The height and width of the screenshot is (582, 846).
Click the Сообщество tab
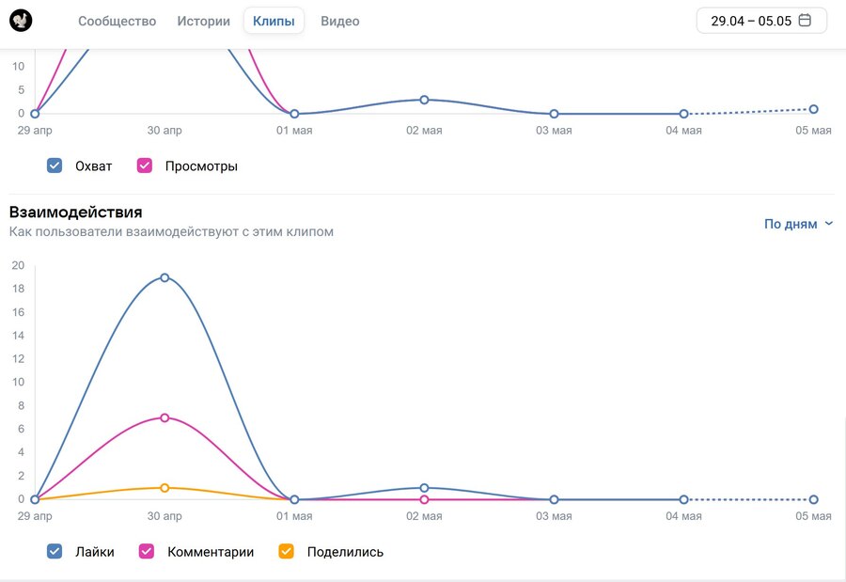coord(117,21)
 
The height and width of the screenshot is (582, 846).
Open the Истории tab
coord(203,21)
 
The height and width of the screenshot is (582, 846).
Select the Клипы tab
coord(274,21)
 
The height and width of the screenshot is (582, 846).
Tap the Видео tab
coord(339,21)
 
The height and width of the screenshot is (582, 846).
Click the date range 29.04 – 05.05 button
coord(761,21)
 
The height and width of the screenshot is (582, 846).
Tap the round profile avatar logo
coord(21,20)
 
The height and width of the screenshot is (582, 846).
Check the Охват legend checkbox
coord(55,166)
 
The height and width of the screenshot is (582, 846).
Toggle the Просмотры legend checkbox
coord(145,166)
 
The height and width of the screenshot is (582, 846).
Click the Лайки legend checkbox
coord(55,552)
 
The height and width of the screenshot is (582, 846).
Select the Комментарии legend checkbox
coord(147,552)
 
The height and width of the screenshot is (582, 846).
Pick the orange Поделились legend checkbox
coord(287,552)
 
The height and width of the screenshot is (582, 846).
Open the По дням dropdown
coord(798,224)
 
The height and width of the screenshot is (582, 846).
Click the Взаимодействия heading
coord(75,212)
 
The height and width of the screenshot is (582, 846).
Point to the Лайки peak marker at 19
coord(164,277)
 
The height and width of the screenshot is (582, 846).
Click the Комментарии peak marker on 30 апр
coord(164,417)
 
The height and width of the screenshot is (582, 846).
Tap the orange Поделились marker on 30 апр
coord(164,488)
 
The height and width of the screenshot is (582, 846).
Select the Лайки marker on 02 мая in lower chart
coord(424,488)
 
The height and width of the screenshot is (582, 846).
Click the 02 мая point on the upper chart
coord(424,100)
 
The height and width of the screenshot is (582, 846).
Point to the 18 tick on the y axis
coord(18,289)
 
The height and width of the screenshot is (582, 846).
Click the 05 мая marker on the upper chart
coord(813,109)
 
